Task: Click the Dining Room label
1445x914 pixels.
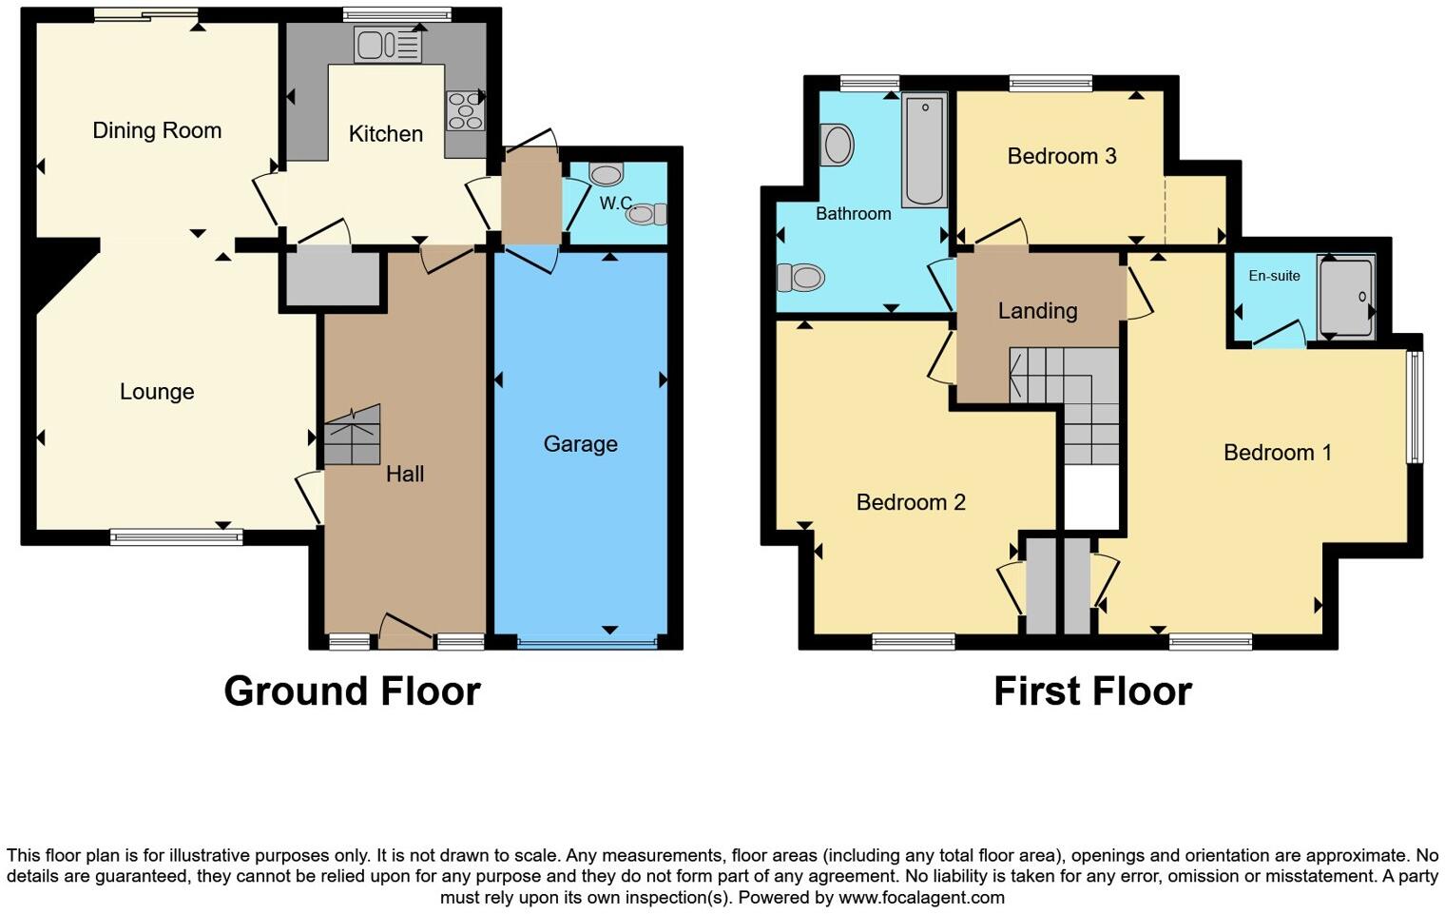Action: pyautogui.click(x=157, y=130)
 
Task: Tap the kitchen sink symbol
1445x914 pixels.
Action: pyautogui.click(x=387, y=45)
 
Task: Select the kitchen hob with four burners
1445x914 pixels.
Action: pyautogui.click(x=465, y=110)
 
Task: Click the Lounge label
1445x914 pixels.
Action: pyautogui.click(x=157, y=392)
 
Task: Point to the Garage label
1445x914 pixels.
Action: pyautogui.click(x=580, y=444)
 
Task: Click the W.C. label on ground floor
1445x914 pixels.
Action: pyautogui.click(x=615, y=203)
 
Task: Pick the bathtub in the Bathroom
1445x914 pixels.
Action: pyautogui.click(x=924, y=149)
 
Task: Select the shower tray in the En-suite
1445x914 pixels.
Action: pyautogui.click(x=1346, y=297)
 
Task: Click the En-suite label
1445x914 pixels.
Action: pyautogui.click(x=1274, y=276)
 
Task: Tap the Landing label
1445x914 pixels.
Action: pyautogui.click(x=1037, y=311)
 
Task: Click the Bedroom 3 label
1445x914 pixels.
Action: pyautogui.click(x=1061, y=156)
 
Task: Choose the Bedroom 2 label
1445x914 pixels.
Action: pyautogui.click(x=911, y=502)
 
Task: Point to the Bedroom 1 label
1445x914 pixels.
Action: pyautogui.click(x=1277, y=453)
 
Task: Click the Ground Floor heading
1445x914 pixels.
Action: pyautogui.click(x=352, y=691)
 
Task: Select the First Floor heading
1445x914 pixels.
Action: pyautogui.click(x=1092, y=691)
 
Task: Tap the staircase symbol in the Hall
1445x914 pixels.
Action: pyautogui.click(x=352, y=436)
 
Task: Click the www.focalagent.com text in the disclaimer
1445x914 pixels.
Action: pyautogui.click(x=920, y=897)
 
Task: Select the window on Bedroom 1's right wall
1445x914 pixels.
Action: pyautogui.click(x=1415, y=407)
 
